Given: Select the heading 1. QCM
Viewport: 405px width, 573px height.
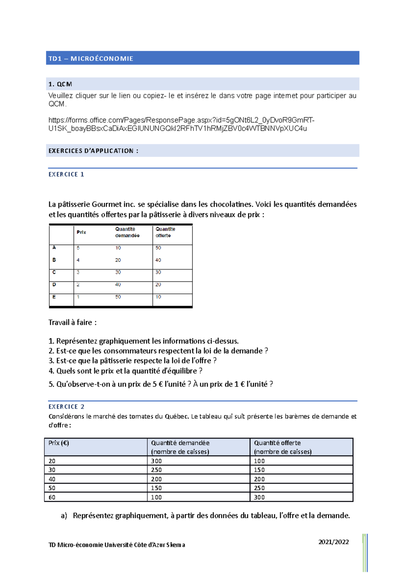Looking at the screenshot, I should click(x=60, y=84).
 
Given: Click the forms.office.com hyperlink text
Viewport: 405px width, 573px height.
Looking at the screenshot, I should click(x=181, y=124).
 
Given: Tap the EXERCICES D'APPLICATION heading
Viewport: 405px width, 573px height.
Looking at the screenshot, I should click(x=93, y=151).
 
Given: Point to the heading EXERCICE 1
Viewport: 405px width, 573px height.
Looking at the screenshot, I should click(x=66, y=174).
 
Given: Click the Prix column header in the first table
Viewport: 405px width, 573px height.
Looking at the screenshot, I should click(x=81, y=232).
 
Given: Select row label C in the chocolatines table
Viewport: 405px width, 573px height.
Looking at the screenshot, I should click(x=54, y=272).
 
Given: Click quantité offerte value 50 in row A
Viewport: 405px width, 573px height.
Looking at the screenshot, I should click(x=158, y=248).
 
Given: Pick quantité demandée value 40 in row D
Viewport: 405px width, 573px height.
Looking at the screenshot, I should click(x=118, y=285).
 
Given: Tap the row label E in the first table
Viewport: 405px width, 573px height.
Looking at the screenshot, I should click(x=54, y=297).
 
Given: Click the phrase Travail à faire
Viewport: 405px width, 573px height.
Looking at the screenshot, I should click(x=72, y=323).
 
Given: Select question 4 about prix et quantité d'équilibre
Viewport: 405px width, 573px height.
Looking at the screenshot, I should click(x=125, y=371).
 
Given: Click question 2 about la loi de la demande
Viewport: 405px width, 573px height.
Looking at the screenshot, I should click(x=158, y=351).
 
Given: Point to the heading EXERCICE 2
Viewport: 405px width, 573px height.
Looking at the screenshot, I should click(x=66, y=407).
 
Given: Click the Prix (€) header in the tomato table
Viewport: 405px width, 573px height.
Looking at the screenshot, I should click(x=58, y=443).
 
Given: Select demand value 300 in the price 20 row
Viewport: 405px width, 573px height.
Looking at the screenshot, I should click(x=156, y=461).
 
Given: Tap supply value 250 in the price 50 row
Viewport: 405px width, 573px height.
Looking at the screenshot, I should click(x=259, y=488).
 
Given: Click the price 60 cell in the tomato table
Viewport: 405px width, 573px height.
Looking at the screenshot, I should click(x=52, y=497).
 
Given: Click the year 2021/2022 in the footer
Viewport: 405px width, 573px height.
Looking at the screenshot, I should click(x=333, y=542).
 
